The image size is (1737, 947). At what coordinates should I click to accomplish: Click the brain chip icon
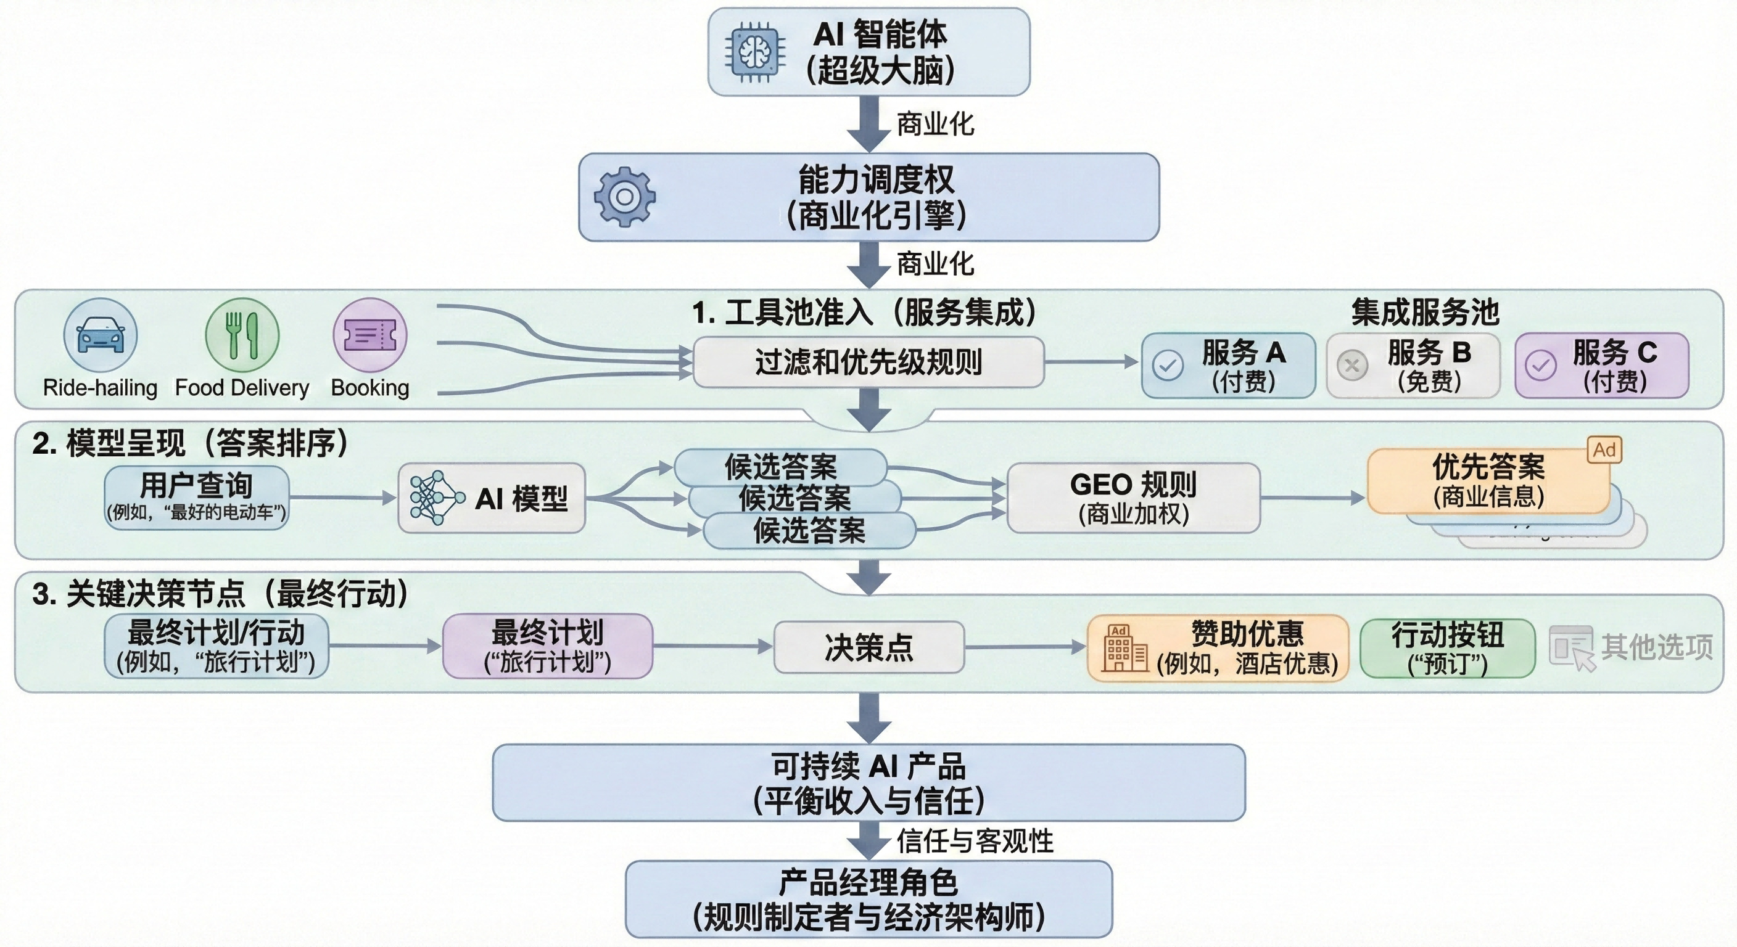pyautogui.click(x=754, y=52)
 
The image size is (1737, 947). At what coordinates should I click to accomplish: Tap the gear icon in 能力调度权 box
pyautogui.click(x=624, y=197)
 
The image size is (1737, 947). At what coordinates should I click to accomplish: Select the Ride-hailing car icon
pyautogui.click(x=101, y=335)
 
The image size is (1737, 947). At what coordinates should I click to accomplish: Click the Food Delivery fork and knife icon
pyautogui.click(x=241, y=335)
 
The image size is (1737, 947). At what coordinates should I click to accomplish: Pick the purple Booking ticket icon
pyautogui.click(x=369, y=335)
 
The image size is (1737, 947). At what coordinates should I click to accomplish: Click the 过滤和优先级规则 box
pyautogui.click(x=868, y=363)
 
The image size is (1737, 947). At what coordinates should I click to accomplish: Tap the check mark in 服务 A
pyautogui.click(x=1168, y=366)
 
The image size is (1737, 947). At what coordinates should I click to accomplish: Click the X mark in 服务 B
pyautogui.click(x=1352, y=366)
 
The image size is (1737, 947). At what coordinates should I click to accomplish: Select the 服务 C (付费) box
pyautogui.click(x=1601, y=366)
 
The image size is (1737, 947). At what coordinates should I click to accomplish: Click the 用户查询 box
pyautogui.click(x=196, y=498)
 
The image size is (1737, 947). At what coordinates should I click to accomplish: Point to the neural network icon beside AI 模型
pyautogui.click(x=435, y=498)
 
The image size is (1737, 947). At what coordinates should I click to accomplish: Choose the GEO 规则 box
pyautogui.click(x=1133, y=498)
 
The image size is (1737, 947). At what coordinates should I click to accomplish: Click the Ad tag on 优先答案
pyautogui.click(x=1604, y=449)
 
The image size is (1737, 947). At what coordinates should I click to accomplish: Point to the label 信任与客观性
pyautogui.click(x=975, y=840)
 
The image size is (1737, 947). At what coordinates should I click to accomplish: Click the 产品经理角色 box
pyautogui.click(x=868, y=898)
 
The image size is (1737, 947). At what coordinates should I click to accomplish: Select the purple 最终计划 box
pyautogui.click(x=547, y=646)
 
